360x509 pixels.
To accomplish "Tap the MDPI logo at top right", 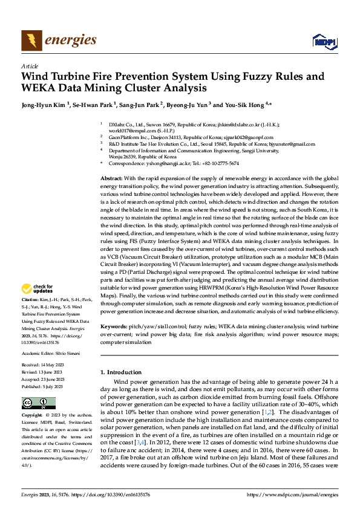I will click(x=323, y=41).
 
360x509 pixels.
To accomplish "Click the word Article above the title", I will click(x=30, y=66).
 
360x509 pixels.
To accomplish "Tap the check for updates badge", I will click(x=39, y=289).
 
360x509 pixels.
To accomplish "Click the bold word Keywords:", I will click(x=114, y=326).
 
